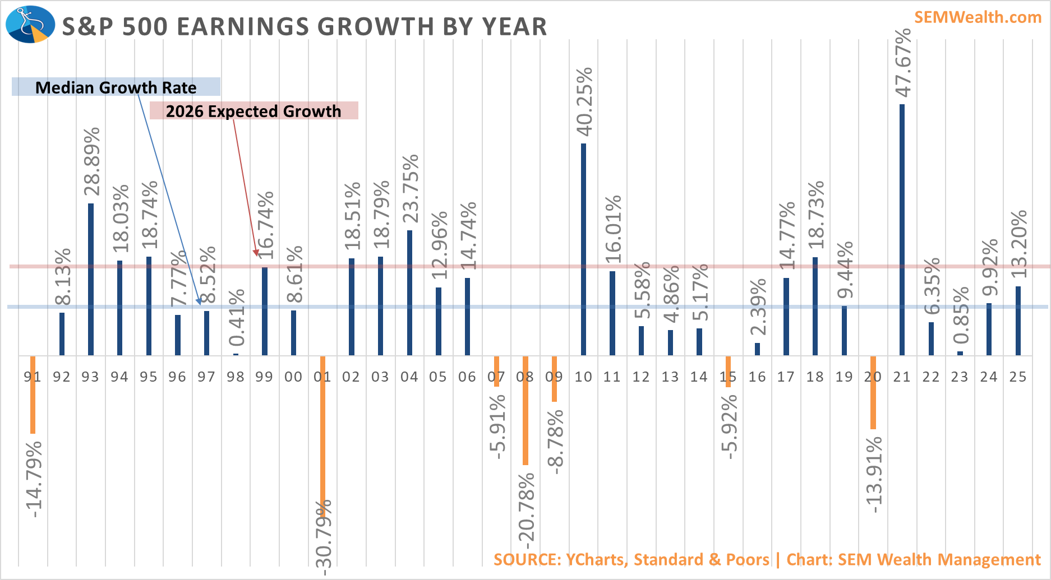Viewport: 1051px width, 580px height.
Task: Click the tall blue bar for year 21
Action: [902, 230]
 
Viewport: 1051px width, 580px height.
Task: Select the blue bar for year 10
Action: [583, 249]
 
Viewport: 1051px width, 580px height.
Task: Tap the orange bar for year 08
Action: [525, 410]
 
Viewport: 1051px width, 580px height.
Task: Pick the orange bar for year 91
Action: [33, 395]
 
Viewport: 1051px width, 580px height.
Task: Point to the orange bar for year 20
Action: [873, 392]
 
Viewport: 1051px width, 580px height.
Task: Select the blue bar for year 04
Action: [409, 293]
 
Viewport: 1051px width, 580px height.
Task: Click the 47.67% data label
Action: [902, 63]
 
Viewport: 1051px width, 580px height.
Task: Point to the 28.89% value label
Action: [91, 161]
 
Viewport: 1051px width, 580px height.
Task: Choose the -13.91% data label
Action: [874, 474]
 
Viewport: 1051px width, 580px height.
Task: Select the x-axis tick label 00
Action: [293, 377]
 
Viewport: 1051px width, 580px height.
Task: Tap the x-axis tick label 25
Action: [1018, 377]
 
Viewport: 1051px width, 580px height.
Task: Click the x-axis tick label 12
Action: [641, 377]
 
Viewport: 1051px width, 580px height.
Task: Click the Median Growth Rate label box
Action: [116, 87]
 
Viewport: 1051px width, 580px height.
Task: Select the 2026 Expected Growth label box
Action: [253, 111]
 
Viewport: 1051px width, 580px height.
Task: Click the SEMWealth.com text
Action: [978, 17]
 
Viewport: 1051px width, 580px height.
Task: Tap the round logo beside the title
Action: [30, 24]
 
